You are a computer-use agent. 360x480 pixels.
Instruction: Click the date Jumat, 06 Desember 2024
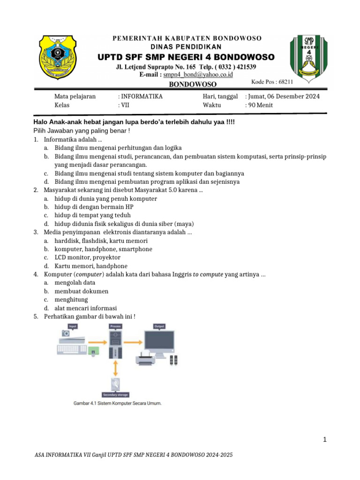282,97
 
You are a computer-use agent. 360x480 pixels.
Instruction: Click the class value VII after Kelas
125,105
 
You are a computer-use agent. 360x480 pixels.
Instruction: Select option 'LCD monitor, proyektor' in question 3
87,257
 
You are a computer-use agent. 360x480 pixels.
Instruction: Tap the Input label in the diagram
73,326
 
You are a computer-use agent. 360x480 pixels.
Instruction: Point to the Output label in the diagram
159,326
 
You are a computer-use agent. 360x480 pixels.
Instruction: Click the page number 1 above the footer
324,440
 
